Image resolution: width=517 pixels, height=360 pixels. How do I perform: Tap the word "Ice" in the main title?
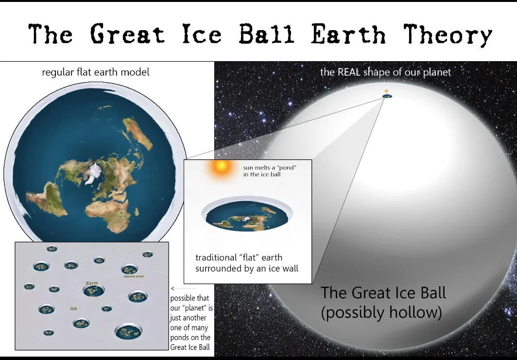[x=202, y=34]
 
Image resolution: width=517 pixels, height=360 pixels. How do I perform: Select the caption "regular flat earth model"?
[x=96, y=72]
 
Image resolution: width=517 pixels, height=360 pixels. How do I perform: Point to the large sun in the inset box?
[x=221, y=166]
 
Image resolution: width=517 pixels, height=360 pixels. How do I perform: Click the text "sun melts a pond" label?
[x=270, y=171]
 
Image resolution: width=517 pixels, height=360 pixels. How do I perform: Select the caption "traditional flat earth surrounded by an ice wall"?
[x=247, y=263]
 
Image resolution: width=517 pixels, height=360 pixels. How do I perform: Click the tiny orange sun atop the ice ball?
[x=386, y=91]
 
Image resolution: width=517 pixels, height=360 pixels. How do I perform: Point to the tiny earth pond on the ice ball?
[x=387, y=96]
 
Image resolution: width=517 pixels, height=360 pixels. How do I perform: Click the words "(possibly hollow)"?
[x=381, y=312]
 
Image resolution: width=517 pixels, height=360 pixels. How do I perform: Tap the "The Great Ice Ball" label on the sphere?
[x=383, y=293]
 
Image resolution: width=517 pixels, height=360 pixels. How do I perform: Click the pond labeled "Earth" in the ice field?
[x=94, y=291]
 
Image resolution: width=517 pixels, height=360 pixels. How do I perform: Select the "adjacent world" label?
[x=134, y=276]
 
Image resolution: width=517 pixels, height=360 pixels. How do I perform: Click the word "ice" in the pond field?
[x=73, y=308]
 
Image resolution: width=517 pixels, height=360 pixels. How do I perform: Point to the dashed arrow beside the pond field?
[x=184, y=289]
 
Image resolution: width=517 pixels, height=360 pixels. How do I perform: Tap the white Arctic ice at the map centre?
[x=93, y=172]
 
